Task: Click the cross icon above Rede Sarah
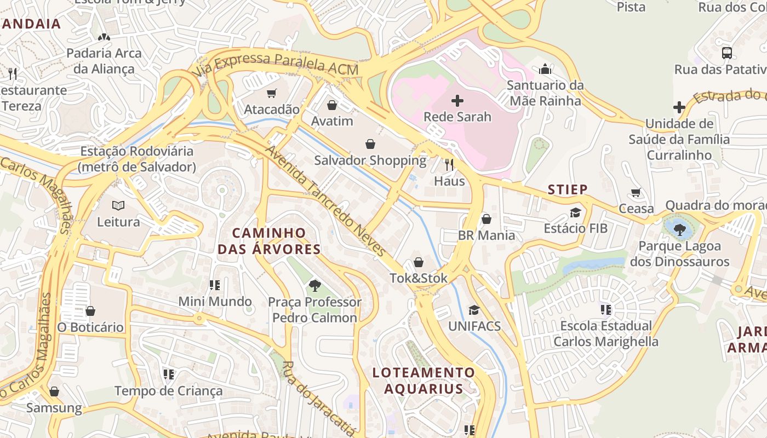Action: click(x=457, y=101)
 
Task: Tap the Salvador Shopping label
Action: click(x=370, y=160)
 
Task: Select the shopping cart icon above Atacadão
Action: click(x=271, y=94)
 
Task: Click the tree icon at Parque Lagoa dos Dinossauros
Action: click(x=680, y=229)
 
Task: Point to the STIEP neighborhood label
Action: click(x=568, y=189)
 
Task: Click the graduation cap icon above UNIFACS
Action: click(x=474, y=310)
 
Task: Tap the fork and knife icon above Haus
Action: click(x=449, y=164)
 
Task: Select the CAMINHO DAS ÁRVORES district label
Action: click(x=269, y=241)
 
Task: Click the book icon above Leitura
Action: click(x=118, y=206)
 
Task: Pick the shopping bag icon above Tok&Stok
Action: click(x=419, y=262)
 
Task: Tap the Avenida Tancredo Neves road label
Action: click(x=325, y=201)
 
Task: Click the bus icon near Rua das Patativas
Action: click(x=727, y=53)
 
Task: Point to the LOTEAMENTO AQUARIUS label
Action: click(x=423, y=381)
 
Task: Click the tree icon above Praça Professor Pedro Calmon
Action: click(x=314, y=285)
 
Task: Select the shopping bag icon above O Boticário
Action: click(x=90, y=311)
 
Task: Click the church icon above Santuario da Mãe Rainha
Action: click(x=545, y=69)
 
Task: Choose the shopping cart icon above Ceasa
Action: click(x=636, y=192)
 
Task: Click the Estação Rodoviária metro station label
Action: click(x=136, y=159)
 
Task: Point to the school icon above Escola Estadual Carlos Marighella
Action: click(x=605, y=310)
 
